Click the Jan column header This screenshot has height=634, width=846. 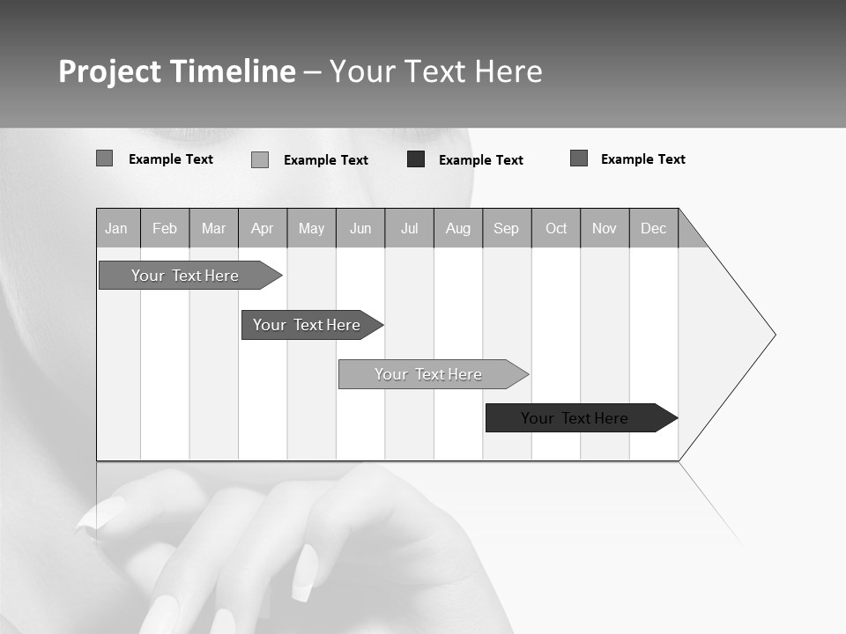[117, 228]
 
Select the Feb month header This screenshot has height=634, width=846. [165, 228]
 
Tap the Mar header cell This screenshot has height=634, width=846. [213, 228]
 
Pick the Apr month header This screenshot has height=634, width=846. [263, 228]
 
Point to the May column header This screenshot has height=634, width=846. [311, 228]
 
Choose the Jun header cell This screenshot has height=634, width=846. [360, 228]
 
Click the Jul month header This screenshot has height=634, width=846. [409, 228]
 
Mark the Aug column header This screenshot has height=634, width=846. [458, 228]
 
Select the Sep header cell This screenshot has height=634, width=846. [507, 228]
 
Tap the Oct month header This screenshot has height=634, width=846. [556, 228]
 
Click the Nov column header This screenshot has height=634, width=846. [605, 228]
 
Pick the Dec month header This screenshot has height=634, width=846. [654, 228]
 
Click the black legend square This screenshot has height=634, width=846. [416, 159]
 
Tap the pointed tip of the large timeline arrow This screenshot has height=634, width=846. [773, 335]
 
